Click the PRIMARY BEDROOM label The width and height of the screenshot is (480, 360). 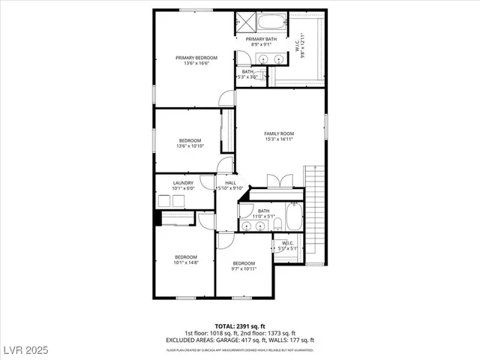tap(196, 58)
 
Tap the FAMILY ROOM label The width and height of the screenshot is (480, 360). tap(278, 133)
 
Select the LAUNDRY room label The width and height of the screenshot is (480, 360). tap(183, 183)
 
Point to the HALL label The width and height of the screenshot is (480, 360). tap(230, 183)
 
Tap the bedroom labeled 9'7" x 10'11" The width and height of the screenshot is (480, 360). tap(244, 263)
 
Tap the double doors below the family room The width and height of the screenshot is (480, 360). tap(277, 181)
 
